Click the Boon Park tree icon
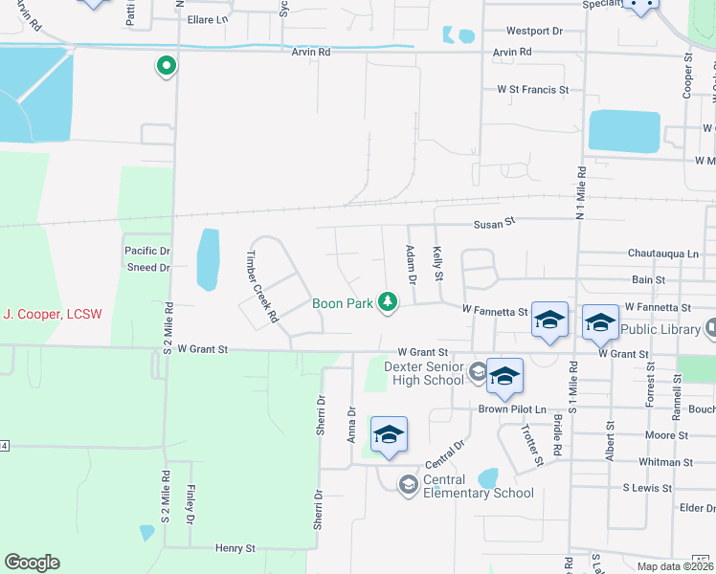click(388, 302)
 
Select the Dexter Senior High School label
click(424, 373)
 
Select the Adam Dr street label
click(410, 265)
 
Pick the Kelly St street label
click(437, 263)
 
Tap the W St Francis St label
click(532, 90)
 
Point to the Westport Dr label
click(534, 32)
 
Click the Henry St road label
click(235, 549)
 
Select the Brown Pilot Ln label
click(511, 408)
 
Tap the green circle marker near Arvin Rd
click(166, 67)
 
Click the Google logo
click(32, 563)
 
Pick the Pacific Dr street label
click(146, 251)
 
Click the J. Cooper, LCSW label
click(53, 314)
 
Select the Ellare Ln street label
click(208, 19)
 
